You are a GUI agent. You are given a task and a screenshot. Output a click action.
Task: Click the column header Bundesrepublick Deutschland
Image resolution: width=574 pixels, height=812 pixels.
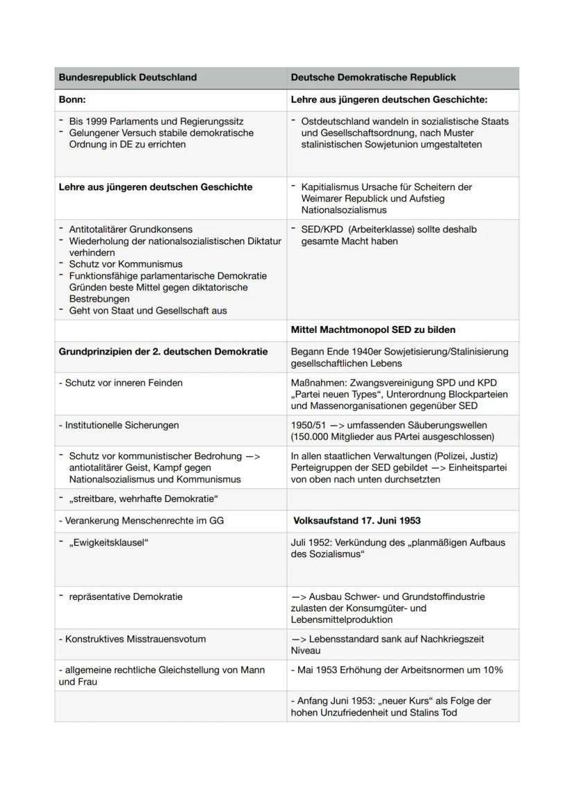pos(128,78)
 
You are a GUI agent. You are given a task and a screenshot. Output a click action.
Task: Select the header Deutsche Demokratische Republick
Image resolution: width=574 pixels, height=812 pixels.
pos(373,78)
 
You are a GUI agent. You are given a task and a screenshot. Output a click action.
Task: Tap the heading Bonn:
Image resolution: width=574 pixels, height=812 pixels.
pos(72,100)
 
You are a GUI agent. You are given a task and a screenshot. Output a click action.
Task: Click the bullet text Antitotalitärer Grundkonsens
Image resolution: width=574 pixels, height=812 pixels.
pos(131,230)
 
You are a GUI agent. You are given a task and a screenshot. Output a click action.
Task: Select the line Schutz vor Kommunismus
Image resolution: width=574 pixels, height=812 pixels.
pos(125,264)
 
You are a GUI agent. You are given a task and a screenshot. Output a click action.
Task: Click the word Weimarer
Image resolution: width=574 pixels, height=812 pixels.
pos(321,198)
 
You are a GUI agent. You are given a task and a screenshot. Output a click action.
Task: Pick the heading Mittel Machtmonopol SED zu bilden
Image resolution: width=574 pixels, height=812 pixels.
pos(373,330)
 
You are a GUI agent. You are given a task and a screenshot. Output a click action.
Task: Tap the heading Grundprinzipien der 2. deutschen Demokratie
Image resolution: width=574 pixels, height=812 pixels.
pos(163,352)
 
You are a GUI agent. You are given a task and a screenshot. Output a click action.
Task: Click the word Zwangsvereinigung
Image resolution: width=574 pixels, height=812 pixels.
pos(392,383)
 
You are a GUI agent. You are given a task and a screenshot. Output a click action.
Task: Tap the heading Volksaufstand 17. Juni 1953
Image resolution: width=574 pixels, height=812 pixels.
pos(357,520)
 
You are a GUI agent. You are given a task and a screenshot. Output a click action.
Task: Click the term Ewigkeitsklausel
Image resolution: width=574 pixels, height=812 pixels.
pos(109,542)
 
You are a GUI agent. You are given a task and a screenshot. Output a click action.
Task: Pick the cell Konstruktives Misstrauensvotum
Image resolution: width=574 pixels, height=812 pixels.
pos(132,639)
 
